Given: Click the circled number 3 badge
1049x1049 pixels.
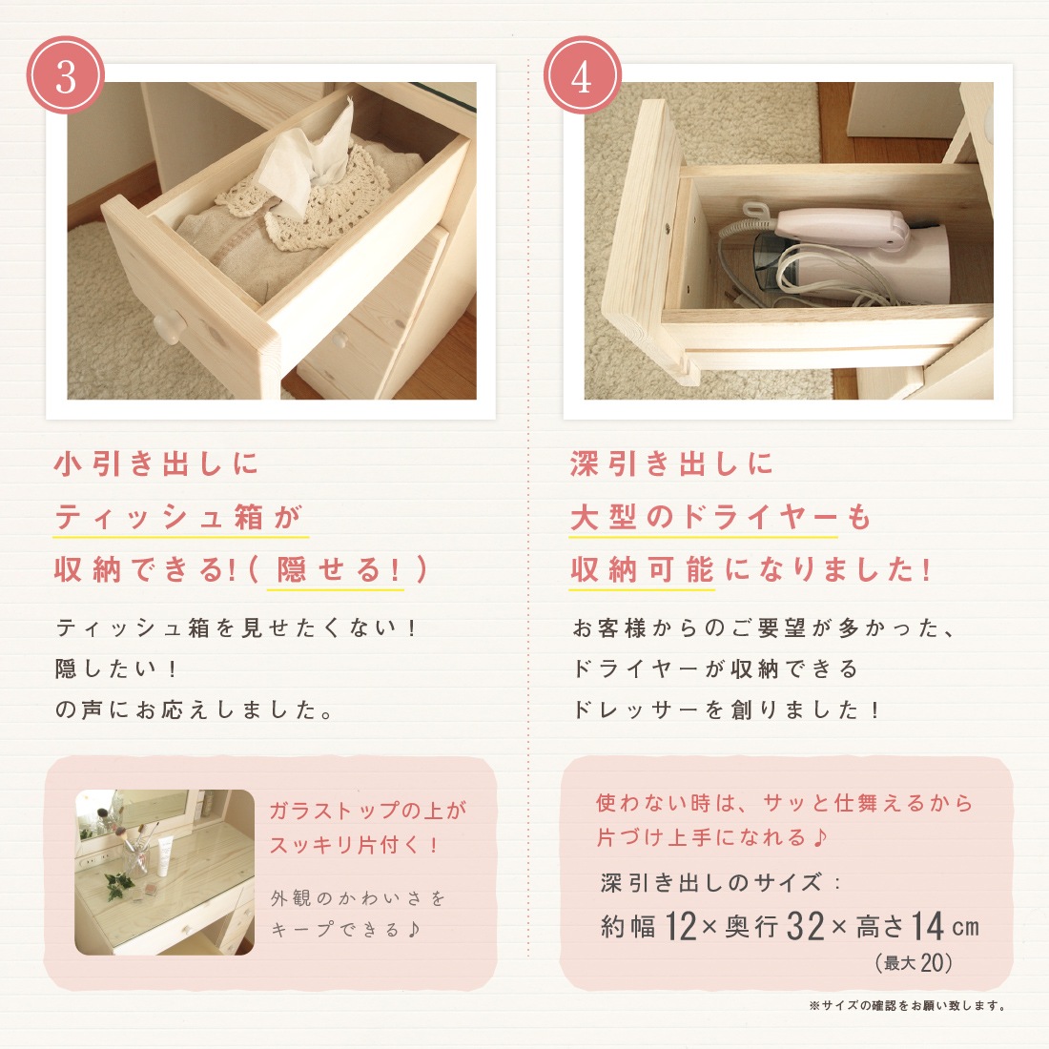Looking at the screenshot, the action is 66,75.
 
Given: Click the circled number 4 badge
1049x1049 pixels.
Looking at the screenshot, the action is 582,75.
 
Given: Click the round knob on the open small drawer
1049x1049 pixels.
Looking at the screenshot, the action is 167,328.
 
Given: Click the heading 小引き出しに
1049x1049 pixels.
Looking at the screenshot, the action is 155,463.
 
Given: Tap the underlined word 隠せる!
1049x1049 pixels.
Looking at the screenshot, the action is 338,570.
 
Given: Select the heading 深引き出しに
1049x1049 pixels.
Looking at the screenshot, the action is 671,463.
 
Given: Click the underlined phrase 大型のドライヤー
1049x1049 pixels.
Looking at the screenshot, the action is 703,517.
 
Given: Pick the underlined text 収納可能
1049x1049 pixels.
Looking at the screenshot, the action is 642,570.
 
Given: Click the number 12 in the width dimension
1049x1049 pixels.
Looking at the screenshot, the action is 681,927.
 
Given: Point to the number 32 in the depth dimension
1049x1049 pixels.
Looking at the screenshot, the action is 805,927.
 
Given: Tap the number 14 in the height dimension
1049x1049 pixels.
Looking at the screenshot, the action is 927,927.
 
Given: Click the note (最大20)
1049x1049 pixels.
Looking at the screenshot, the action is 914,963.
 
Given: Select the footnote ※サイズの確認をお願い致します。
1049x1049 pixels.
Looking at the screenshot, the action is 908,1005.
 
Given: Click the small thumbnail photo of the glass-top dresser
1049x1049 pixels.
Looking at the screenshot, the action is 165,872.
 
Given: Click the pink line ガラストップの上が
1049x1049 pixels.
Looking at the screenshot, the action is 368,811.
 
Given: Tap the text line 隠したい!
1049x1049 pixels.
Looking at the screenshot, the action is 116,668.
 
